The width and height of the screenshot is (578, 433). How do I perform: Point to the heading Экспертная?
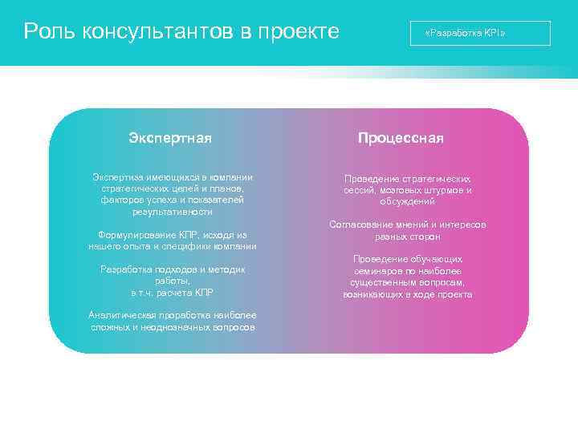pos(170,138)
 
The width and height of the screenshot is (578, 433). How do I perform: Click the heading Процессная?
pos(401,138)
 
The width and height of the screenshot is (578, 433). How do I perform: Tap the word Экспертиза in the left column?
pos(119,177)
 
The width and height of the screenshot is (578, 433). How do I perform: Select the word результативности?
pos(172,212)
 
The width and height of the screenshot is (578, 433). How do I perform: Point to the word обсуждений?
pos(407,201)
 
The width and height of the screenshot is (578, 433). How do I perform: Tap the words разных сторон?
pos(407,237)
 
